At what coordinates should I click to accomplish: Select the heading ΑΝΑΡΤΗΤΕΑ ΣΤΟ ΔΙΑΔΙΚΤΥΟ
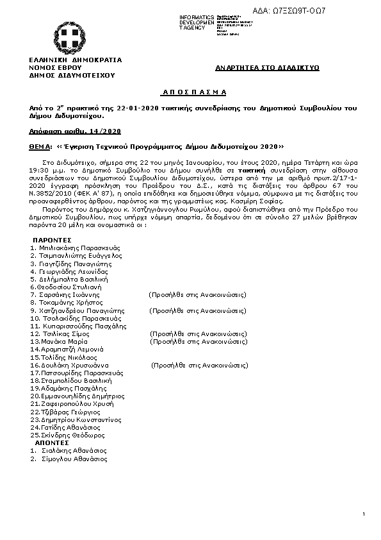(x=267, y=67)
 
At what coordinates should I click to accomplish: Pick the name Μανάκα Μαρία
(x=63, y=341)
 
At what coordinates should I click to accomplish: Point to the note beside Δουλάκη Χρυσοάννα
(x=199, y=365)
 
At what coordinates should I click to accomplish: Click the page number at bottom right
(x=362, y=514)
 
